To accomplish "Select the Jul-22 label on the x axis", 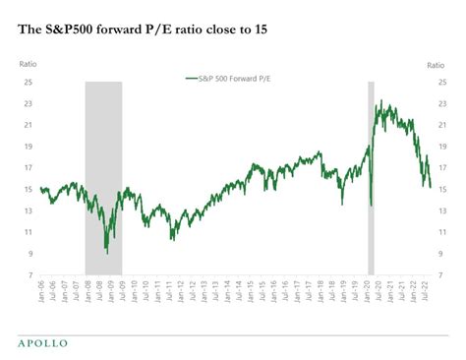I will tap(424, 292).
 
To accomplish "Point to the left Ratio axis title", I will tap(29, 64).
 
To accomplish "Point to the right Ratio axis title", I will tap(437, 64).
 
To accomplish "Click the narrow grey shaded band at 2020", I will tap(371, 177).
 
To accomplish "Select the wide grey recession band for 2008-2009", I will tap(103, 177).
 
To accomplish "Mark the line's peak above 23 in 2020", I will tap(380, 101).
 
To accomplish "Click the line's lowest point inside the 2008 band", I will tap(107, 253).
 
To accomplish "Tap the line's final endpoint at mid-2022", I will tap(430, 186).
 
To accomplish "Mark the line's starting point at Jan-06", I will tap(41, 188).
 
